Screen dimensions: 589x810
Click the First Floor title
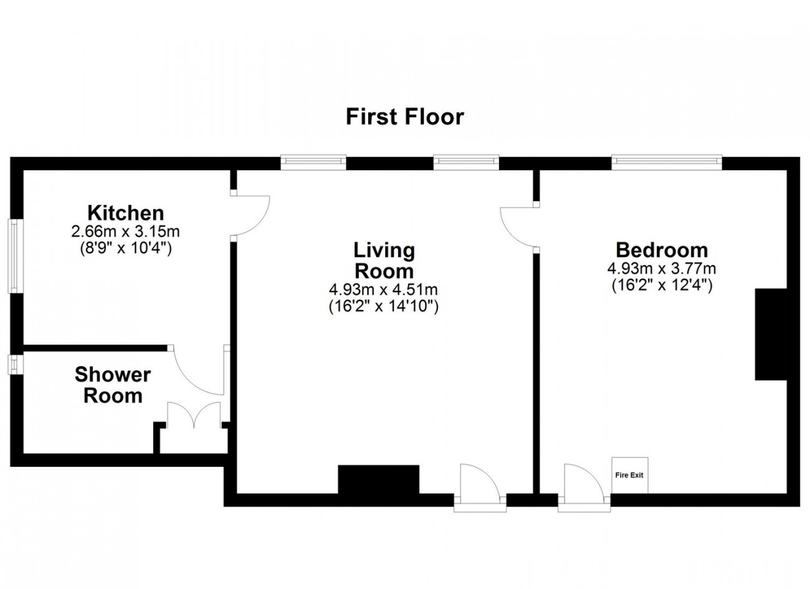click(x=405, y=117)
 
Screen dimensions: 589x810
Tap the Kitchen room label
click(x=125, y=213)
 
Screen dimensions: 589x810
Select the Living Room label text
click(x=384, y=261)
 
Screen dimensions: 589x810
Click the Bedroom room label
click(x=662, y=250)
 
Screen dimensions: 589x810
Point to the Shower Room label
click(x=113, y=385)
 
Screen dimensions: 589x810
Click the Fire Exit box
click(x=629, y=475)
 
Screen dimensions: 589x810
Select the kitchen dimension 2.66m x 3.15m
click(x=125, y=232)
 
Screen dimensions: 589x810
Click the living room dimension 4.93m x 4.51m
click(x=384, y=290)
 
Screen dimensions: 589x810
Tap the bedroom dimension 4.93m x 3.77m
click(x=662, y=269)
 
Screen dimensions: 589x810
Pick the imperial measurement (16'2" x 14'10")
click(x=384, y=306)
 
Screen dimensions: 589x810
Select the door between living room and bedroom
click(x=519, y=226)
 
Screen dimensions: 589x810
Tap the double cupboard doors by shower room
click(x=194, y=415)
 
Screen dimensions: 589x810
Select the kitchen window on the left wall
click(x=13, y=255)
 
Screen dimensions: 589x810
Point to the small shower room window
click(x=12, y=365)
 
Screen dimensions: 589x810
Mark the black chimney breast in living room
click(x=378, y=479)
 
